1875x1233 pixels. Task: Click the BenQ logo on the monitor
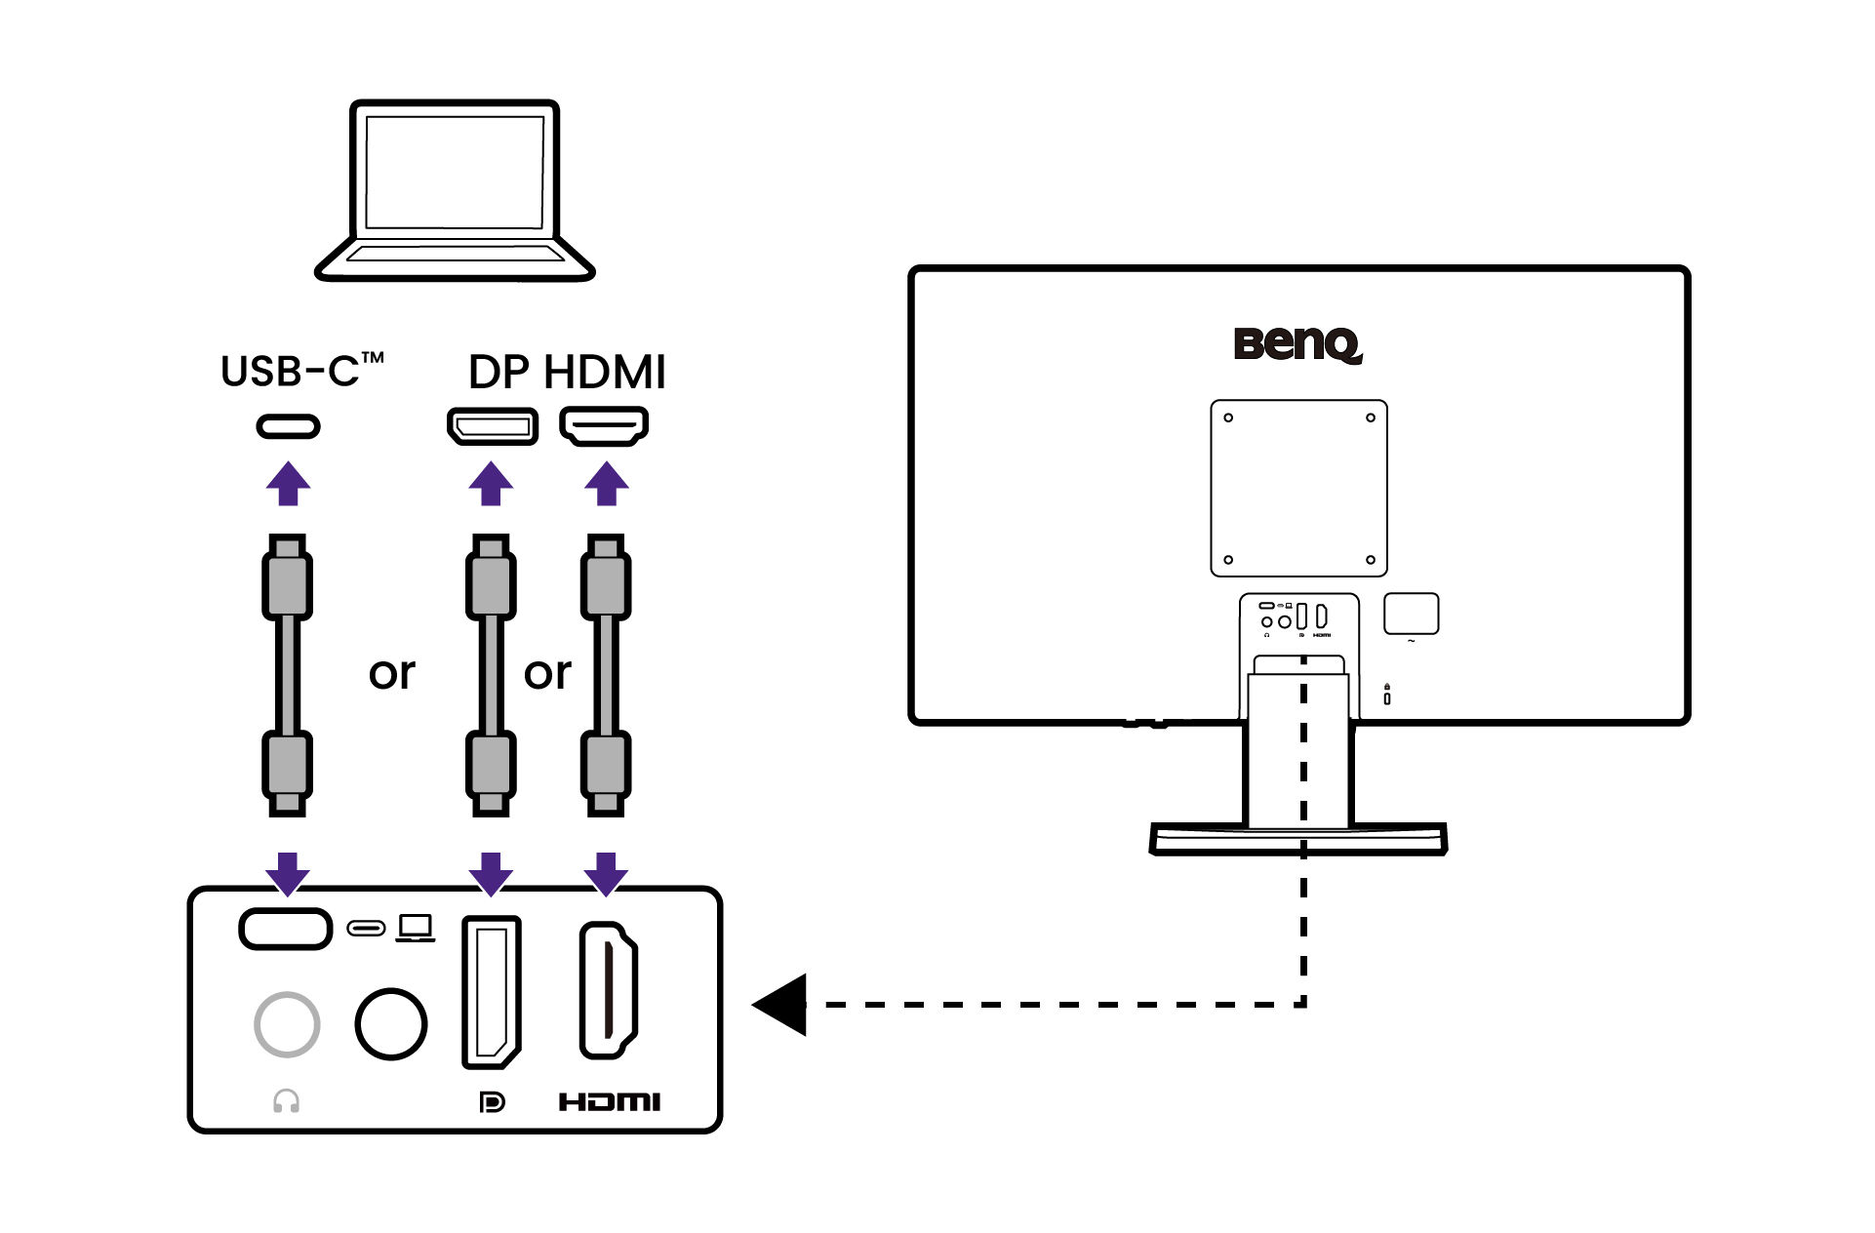point(1297,343)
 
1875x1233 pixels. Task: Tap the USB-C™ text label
point(301,371)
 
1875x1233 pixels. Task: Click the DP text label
point(499,373)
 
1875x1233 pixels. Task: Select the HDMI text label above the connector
point(605,373)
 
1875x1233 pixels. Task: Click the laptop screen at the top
point(455,173)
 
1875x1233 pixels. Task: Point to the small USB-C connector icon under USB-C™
point(288,426)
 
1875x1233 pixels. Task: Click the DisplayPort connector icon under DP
point(492,426)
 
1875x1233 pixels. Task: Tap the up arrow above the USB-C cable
point(288,484)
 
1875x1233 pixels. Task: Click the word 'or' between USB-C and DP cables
point(392,673)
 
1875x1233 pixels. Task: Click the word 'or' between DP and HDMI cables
point(546,673)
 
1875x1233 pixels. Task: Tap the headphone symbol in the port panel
point(286,1101)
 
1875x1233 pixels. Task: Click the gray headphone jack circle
point(287,1024)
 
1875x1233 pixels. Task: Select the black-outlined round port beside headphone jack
point(390,1024)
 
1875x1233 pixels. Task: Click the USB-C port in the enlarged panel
point(286,929)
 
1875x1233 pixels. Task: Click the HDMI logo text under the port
point(610,1102)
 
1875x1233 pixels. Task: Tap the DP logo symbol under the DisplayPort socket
point(493,1102)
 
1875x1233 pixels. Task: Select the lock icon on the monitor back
point(1387,695)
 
